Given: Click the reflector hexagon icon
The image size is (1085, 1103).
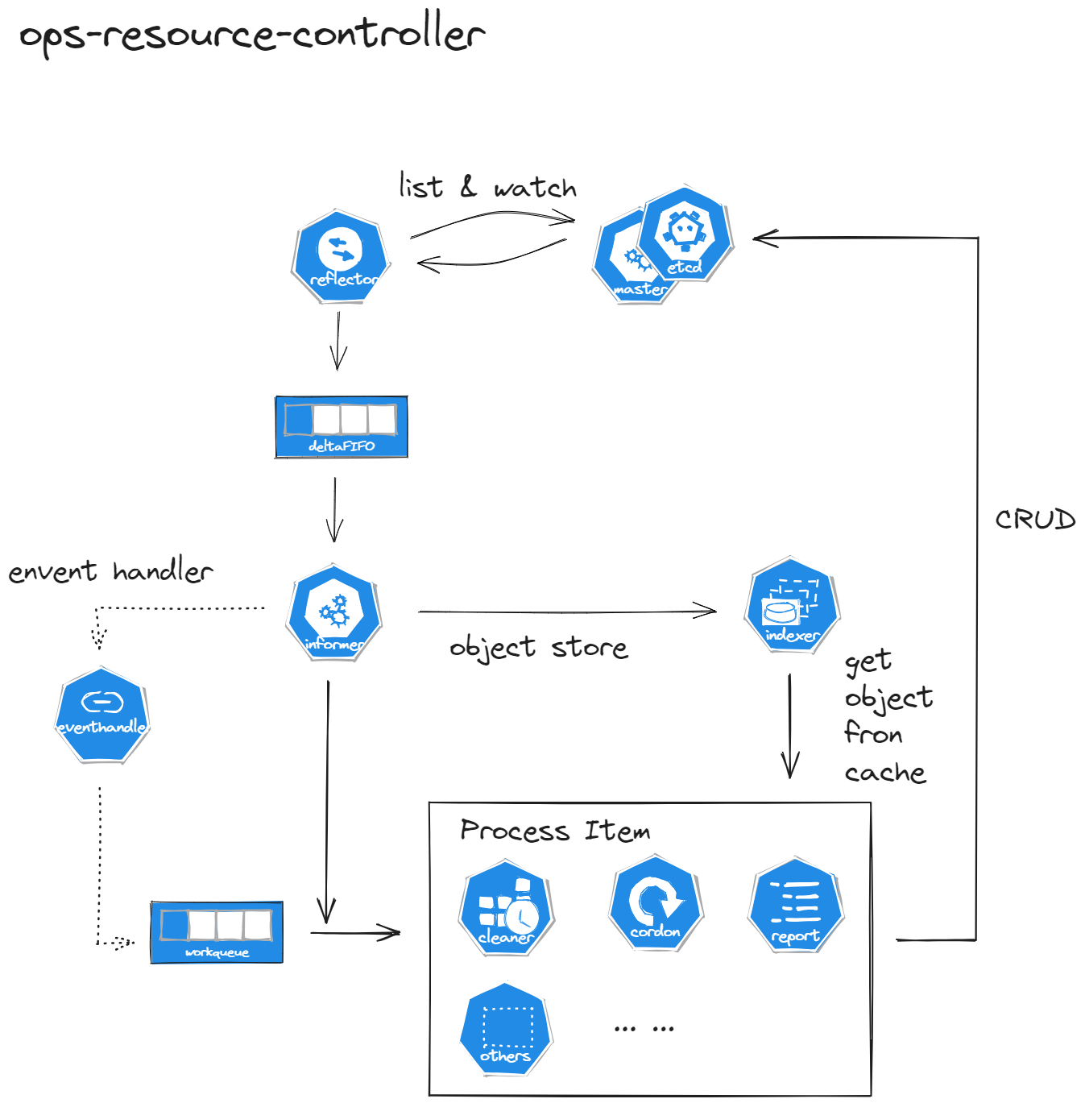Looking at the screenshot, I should [341, 256].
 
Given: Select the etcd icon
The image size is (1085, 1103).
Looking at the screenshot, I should [685, 234].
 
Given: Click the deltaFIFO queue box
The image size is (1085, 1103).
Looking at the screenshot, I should [342, 427].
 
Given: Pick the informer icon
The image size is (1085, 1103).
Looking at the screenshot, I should [334, 612].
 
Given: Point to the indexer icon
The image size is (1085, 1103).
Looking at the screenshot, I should [792, 604].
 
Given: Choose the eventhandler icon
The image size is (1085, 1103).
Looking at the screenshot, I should [102, 715].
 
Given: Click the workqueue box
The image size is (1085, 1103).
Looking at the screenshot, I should [217, 932].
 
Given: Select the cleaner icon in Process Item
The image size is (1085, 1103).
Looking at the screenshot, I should [507, 908].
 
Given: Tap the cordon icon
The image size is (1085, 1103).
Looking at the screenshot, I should [656, 902].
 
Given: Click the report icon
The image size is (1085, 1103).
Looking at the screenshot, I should [796, 905].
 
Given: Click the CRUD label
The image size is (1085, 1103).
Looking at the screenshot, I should [1035, 520].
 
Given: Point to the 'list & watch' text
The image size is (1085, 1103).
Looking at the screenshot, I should [488, 187].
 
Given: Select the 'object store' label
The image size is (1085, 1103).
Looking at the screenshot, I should [538, 648].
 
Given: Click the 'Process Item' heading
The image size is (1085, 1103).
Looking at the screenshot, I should [555, 831].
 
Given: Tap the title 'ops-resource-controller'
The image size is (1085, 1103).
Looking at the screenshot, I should [252, 35].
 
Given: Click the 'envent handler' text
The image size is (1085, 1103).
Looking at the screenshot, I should [110, 571].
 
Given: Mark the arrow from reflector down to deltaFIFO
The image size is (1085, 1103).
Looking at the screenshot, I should [338, 341].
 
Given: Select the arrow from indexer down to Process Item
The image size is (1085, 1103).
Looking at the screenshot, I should [789, 725].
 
